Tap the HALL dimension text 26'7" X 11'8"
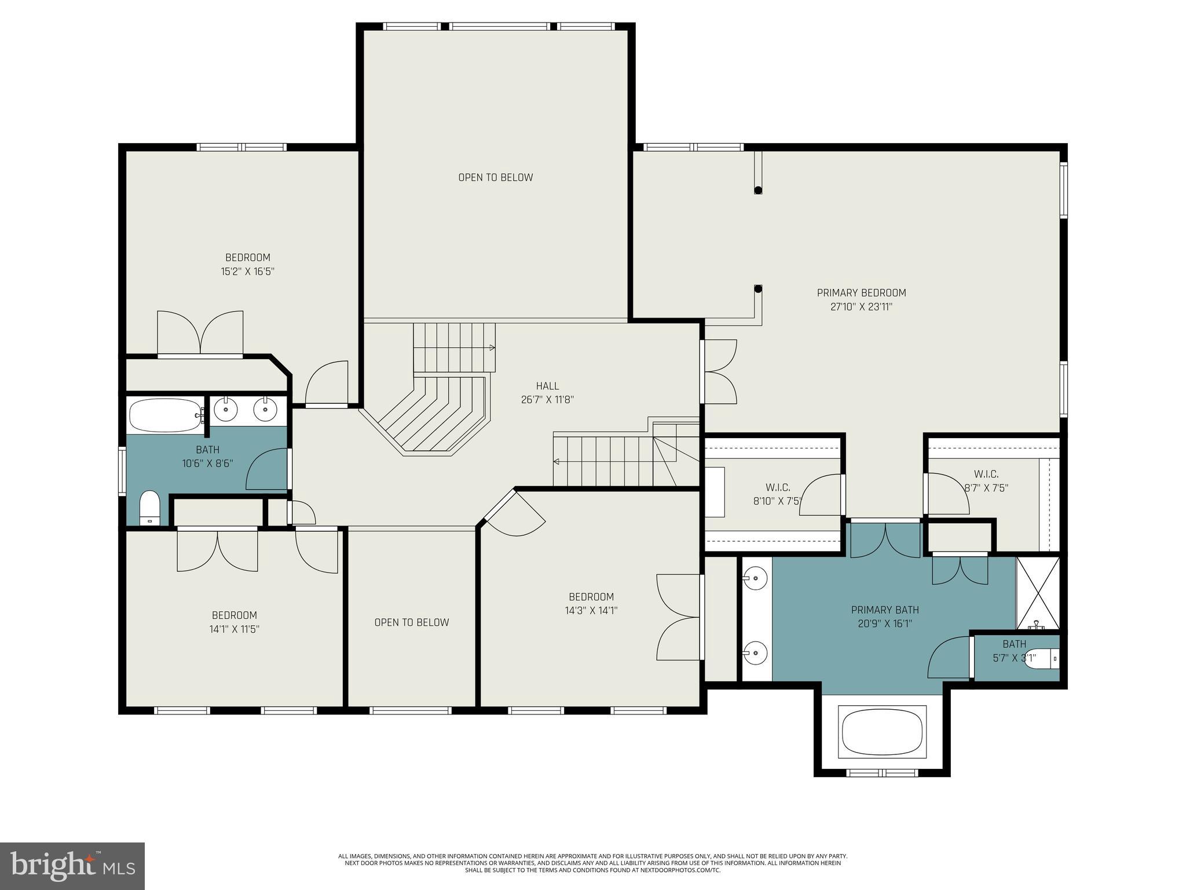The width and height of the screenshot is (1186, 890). [547, 400]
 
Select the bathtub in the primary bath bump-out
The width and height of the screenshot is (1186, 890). [882, 732]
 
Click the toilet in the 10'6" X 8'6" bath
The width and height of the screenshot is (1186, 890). [150, 508]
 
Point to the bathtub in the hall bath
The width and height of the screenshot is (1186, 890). [164, 415]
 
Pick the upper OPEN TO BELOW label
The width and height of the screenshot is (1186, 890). [495, 177]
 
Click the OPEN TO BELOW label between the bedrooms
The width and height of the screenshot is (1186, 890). [411, 622]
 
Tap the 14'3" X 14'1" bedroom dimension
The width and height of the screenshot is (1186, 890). [591, 610]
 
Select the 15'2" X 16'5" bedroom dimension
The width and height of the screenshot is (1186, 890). [247, 272]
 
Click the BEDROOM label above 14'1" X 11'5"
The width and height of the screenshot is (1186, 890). [234, 615]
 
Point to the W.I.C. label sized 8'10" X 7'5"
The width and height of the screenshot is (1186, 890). [778, 487]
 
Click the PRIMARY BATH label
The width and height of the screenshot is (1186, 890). [885, 610]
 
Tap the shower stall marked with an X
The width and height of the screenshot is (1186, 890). [1038, 593]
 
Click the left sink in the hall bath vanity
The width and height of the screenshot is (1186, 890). [225, 410]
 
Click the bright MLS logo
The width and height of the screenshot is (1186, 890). [72, 866]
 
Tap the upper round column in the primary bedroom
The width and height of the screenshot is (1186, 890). [758, 189]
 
